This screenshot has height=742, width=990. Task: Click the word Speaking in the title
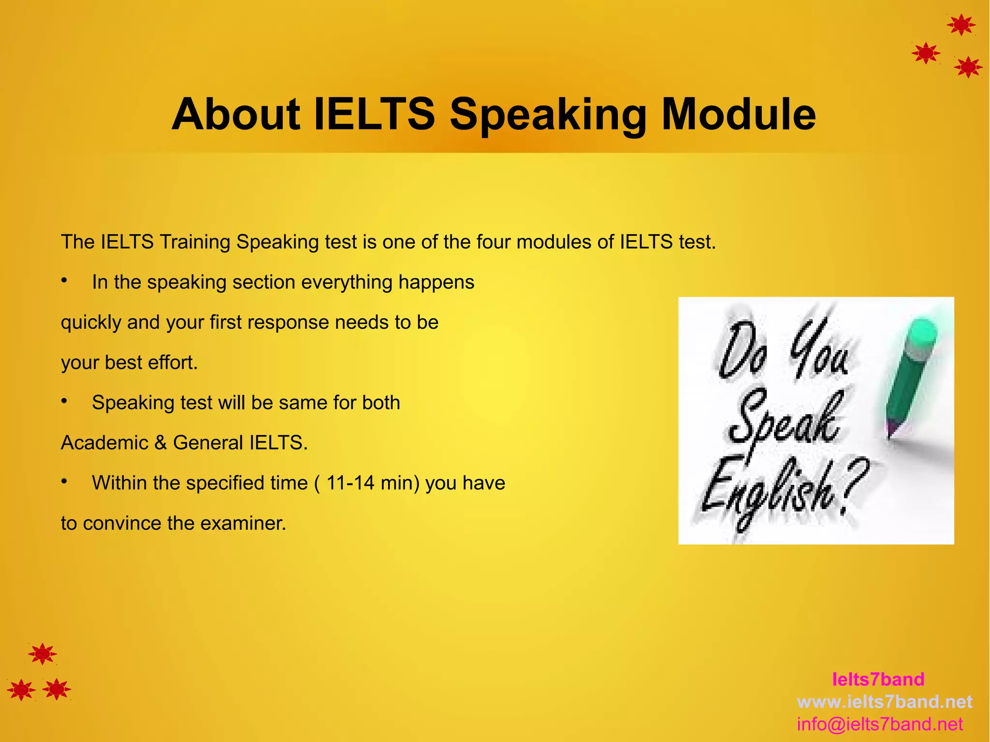pos(548,115)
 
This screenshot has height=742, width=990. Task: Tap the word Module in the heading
pos(738,115)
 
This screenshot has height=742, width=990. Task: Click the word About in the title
pos(236,115)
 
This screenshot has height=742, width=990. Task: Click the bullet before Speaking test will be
pos(64,401)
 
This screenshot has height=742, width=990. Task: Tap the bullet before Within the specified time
pos(64,481)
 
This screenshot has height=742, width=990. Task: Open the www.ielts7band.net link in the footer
pos(885,701)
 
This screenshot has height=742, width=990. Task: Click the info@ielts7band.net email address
pos(880,724)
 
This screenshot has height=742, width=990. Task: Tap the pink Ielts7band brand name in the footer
pos(878,679)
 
